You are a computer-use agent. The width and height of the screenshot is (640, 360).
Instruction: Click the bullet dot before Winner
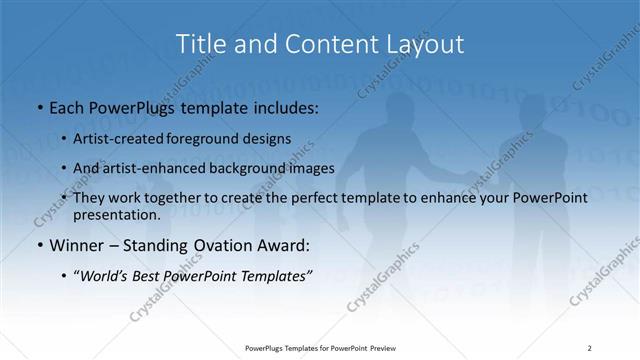coord(38,245)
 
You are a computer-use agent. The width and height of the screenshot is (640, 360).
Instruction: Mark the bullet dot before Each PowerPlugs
coord(38,106)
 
